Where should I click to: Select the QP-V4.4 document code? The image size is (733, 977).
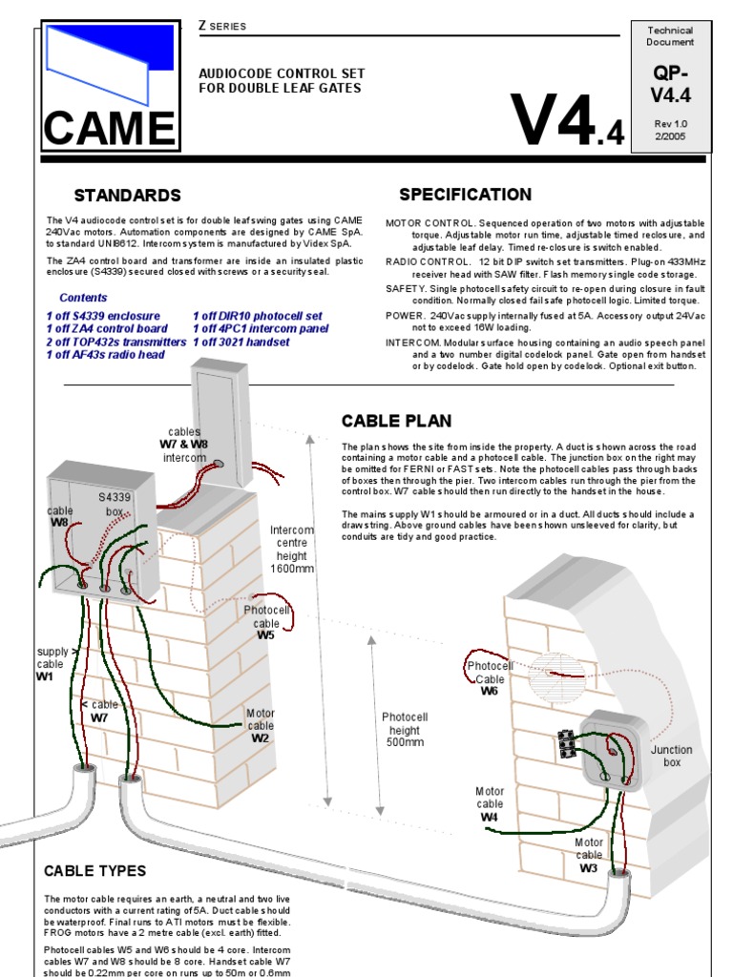click(671, 84)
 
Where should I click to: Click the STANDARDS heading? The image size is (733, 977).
click(127, 196)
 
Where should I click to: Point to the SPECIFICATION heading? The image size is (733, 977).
click(465, 195)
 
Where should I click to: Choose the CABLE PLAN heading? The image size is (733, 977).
click(396, 421)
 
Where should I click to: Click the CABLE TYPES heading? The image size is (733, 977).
click(95, 870)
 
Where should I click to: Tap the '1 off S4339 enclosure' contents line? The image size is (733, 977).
click(103, 316)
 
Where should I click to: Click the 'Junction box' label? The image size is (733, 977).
click(672, 757)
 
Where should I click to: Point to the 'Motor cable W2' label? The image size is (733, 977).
click(261, 725)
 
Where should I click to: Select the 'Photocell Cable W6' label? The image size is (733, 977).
click(490, 677)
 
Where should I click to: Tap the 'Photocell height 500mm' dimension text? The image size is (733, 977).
click(405, 729)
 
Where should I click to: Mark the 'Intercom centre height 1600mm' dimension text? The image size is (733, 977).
click(291, 549)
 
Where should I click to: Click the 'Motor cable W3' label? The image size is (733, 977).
click(589, 855)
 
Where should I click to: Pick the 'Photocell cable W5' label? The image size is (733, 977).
click(266, 622)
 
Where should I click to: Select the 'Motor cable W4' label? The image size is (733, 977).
click(490, 803)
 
